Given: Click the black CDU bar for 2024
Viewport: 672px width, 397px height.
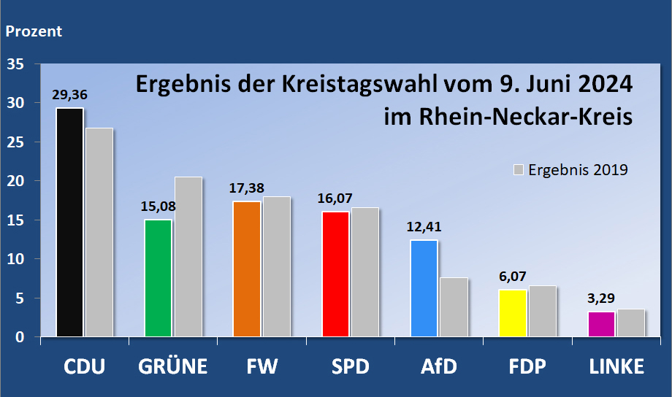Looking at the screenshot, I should [70, 223].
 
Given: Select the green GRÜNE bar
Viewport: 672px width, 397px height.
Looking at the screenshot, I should [159, 278].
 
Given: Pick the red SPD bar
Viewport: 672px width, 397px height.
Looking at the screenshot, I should [335, 274].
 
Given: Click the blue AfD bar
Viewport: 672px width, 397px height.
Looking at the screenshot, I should [424, 288].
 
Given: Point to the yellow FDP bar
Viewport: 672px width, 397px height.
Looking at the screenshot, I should [513, 313].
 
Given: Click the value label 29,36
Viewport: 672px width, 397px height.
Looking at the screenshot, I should [69, 95].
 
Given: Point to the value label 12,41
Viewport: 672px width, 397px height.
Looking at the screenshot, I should [424, 227].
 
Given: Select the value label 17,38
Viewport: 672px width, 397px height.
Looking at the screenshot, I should [247, 188].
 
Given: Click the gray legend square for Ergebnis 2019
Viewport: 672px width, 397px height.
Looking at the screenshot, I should [519, 170].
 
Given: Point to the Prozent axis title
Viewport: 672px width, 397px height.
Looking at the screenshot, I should [34, 31].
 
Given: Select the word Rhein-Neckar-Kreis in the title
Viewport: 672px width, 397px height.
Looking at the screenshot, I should [507, 117].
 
